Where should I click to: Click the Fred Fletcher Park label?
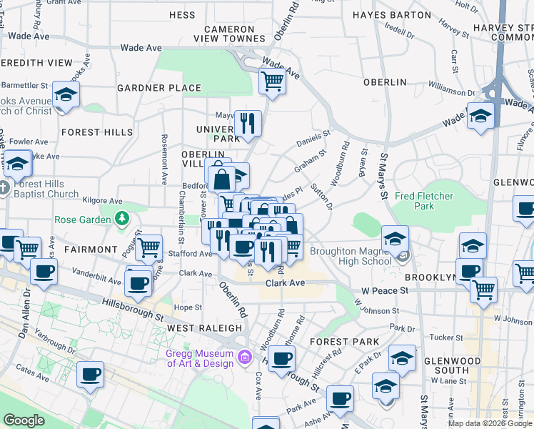pos(424,201)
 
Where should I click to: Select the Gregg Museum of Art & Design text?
pos(201,358)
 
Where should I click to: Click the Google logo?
pos(24,420)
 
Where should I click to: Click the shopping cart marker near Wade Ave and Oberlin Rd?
pos(272,80)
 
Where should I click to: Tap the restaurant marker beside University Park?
pos(247,123)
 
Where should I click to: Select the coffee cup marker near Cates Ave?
pos(90,375)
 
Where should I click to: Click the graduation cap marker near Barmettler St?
pos(66,94)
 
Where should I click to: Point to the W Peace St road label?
pos(384,291)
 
